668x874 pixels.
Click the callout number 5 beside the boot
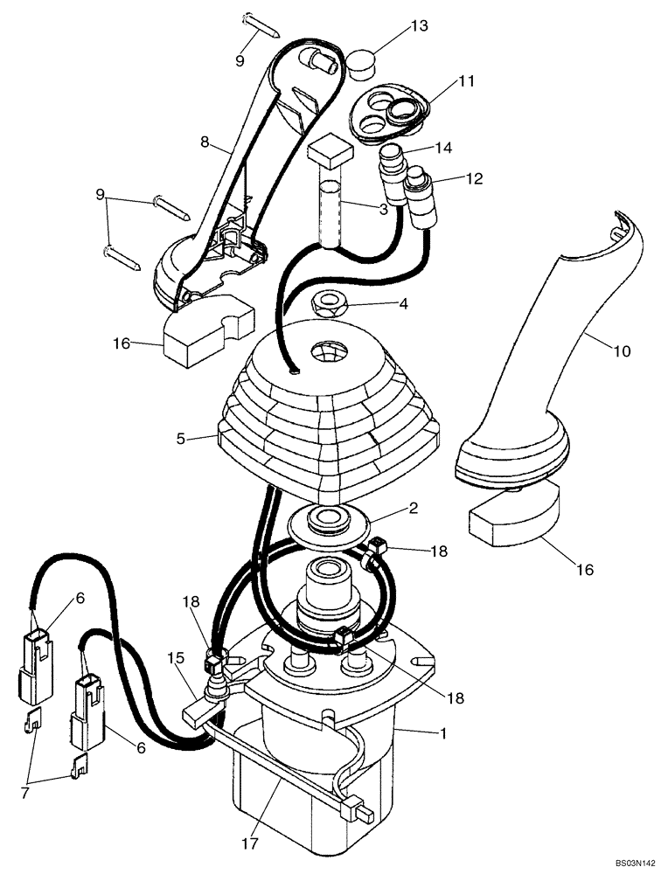point(180,439)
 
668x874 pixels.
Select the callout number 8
point(204,140)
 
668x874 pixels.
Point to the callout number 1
point(443,735)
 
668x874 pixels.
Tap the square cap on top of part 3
point(330,152)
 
